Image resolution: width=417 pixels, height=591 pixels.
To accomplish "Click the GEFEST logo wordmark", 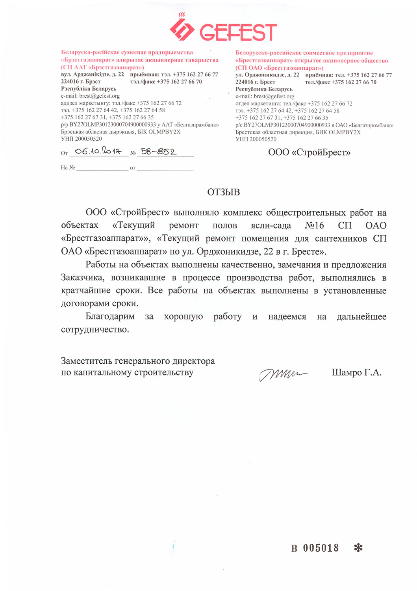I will coord(238,32).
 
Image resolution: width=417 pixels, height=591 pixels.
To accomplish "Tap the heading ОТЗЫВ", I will coord(223,192).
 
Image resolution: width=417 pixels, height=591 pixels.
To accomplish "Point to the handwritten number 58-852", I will coord(158,152).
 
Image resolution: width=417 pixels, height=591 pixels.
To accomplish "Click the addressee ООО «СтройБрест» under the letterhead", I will coord(309,152).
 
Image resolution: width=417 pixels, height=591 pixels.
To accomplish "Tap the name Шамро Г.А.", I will coord(356,372).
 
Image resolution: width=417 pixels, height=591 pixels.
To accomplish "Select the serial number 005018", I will coord(321,548).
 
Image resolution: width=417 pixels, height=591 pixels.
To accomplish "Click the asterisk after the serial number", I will coord(358,548).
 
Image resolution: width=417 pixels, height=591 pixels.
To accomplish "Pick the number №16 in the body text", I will coord(314,225).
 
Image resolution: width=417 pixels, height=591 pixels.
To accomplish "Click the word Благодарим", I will coord(110,316).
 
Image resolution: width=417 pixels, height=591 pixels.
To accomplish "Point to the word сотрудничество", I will coord(95,329).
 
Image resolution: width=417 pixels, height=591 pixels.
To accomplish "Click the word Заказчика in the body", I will coord(83,278).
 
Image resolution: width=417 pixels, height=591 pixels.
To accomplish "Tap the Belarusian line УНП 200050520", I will coord(81,139).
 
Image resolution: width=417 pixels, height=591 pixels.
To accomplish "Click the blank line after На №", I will coord(102,168).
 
